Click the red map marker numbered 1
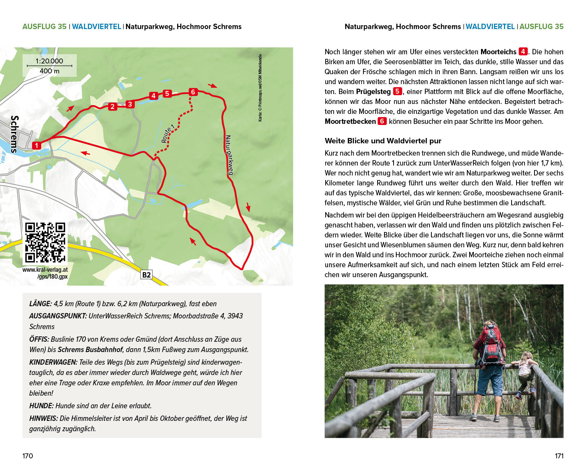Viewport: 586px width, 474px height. point(37,146)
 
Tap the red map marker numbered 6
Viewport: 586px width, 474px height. point(193,92)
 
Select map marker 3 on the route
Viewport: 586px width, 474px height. point(130,104)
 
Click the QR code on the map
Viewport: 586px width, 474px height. point(45,243)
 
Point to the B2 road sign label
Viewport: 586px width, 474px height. point(146,275)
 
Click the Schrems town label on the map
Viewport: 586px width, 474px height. point(15,134)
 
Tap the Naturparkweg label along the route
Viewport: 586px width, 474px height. point(229,155)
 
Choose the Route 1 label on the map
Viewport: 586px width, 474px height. point(168,133)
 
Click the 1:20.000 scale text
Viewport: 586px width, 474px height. point(49,61)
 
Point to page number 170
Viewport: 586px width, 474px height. point(28,456)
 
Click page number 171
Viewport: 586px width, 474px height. point(559,456)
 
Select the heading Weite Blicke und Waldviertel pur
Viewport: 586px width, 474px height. point(383,141)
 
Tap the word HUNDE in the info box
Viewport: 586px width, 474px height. point(41,406)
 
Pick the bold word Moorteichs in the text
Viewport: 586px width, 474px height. point(498,52)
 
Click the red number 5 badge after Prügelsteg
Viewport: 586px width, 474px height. point(397,92)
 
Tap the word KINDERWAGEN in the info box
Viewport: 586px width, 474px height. point(53,362)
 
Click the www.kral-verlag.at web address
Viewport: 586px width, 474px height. point(45,270)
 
